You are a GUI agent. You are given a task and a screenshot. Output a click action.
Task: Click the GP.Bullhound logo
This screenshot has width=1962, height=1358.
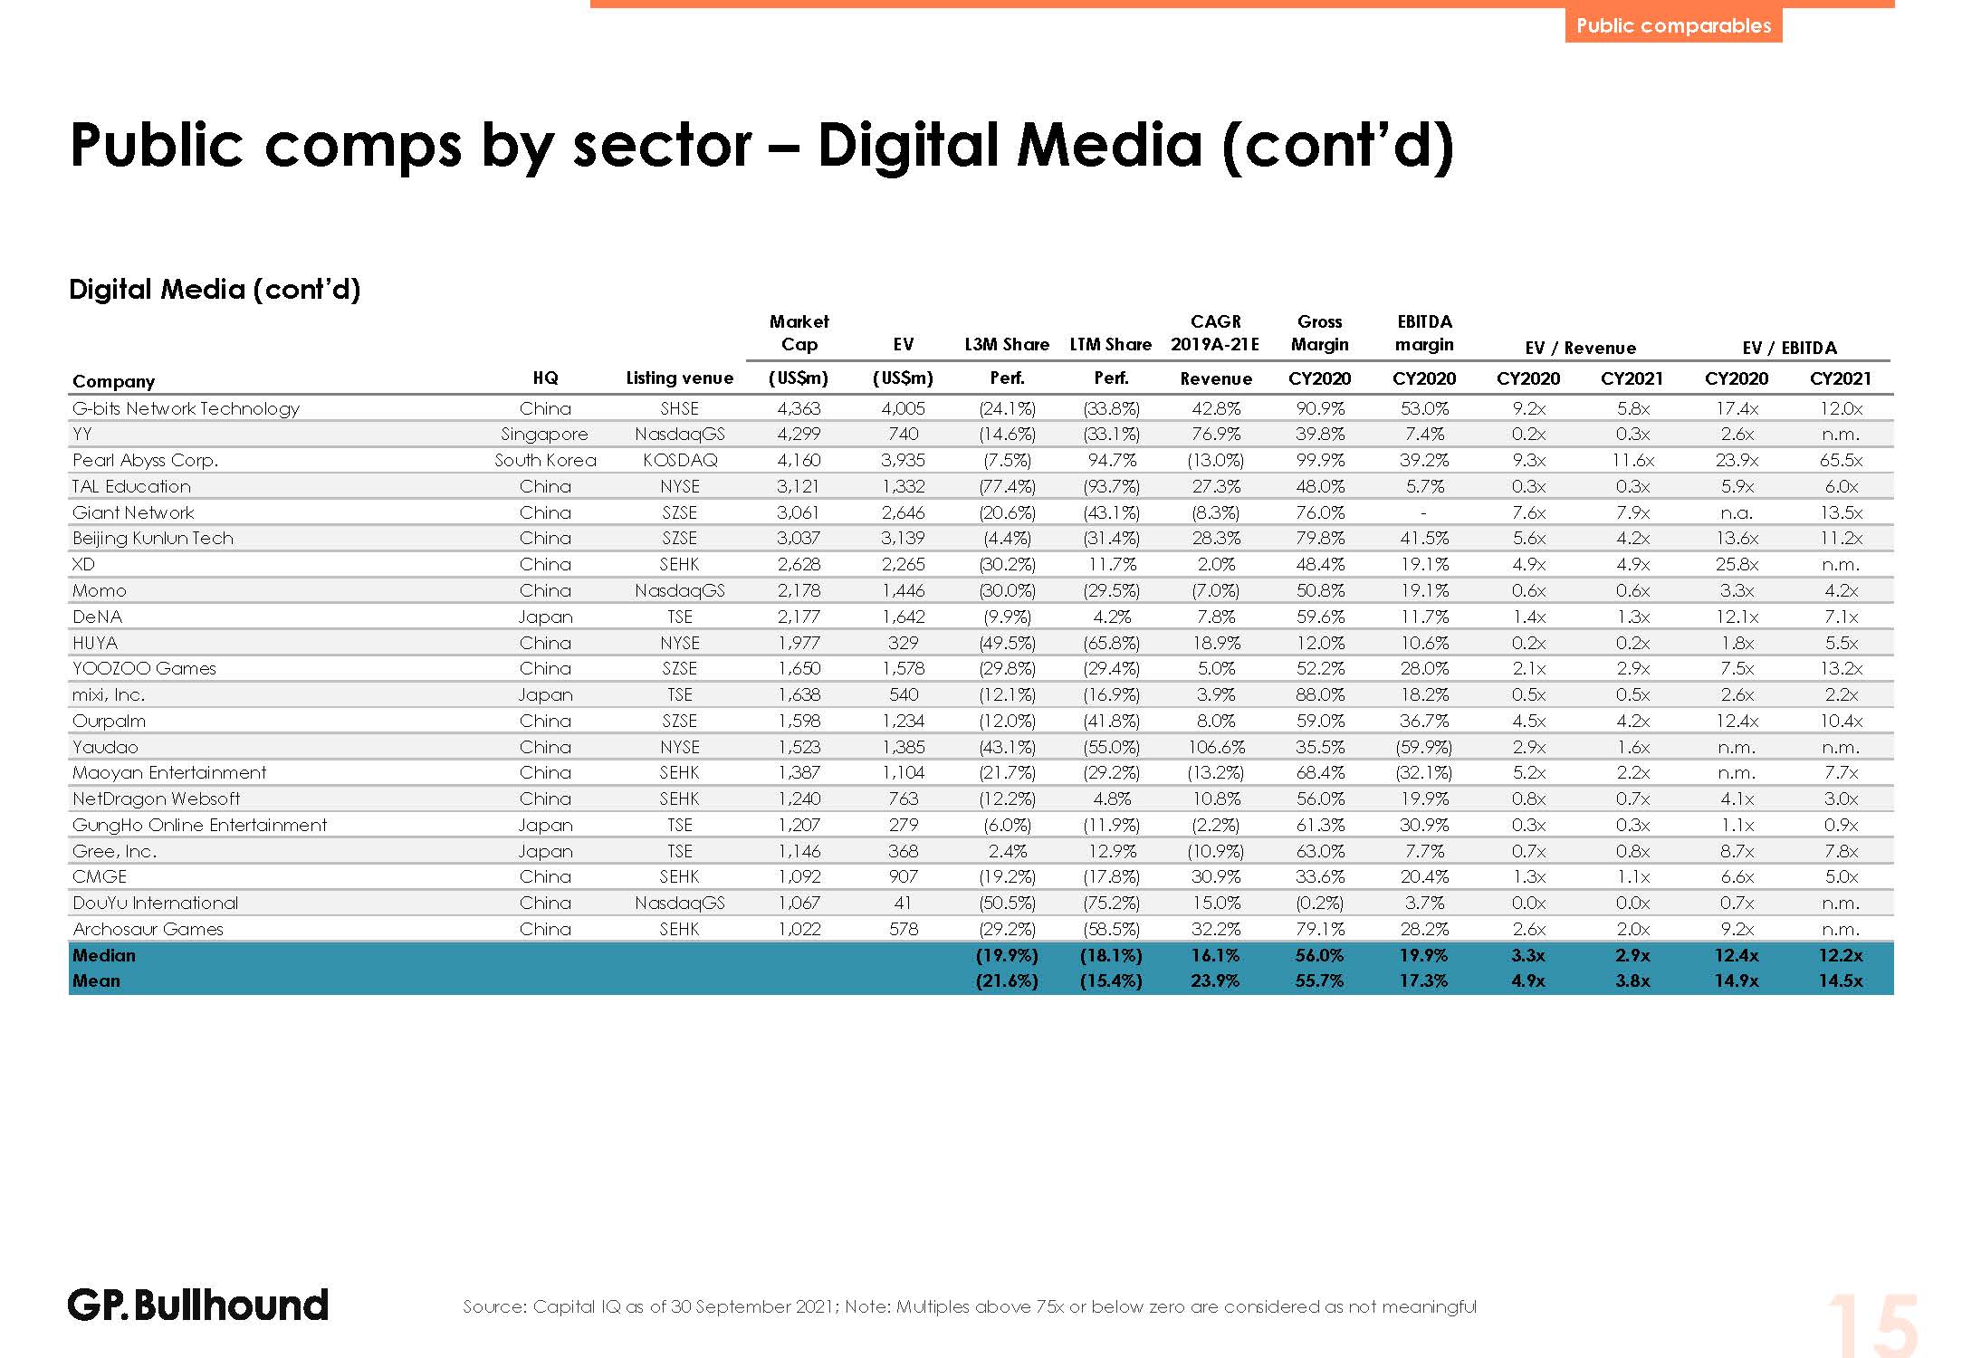(x=197, y=1305)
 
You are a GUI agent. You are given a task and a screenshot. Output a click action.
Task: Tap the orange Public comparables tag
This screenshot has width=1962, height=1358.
(x=1673, y=25)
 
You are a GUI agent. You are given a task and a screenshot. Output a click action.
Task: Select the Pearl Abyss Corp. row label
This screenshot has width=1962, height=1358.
(x=145, y=460)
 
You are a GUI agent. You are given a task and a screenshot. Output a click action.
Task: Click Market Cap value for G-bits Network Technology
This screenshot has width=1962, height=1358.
(x=799, y=408)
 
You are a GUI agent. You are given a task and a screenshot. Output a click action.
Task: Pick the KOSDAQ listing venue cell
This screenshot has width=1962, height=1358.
(x=679, y=460)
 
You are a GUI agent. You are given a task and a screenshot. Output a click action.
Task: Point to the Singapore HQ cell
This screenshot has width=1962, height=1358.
(x=544, y=435)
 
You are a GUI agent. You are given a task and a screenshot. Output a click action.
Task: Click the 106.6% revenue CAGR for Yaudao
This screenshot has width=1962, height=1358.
(x=1215, y=747)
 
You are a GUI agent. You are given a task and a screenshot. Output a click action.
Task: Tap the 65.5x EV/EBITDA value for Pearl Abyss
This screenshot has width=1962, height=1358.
(x=1841, y=460)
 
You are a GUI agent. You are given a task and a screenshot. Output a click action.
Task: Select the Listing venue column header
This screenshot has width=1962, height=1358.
(x=679, y=378)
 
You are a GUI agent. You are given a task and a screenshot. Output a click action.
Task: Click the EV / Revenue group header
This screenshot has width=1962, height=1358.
(x=1580, y=348)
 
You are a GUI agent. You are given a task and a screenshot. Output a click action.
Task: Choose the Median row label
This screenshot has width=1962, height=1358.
(x=104, y=955)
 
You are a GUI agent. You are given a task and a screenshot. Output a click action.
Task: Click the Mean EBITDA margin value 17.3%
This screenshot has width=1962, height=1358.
(x=1423, y=980)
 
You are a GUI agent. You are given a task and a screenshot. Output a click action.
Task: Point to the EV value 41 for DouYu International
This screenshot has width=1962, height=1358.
(x=903, y=903)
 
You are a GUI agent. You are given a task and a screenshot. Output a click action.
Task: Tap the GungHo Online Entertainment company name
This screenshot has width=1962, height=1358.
(x=199, y=825)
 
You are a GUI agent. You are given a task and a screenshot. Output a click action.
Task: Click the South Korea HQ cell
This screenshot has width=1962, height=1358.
(x=544, y=460)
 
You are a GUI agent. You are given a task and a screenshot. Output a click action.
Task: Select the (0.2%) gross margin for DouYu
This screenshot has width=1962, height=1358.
(x=1319, y=903)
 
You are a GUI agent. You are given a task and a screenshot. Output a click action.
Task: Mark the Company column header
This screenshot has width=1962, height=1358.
(x=113, y=381)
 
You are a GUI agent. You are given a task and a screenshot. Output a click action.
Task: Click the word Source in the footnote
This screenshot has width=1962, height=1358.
(x=494, y=1306)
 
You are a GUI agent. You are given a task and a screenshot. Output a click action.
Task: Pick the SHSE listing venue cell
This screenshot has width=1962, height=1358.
(x=679, y=408)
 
